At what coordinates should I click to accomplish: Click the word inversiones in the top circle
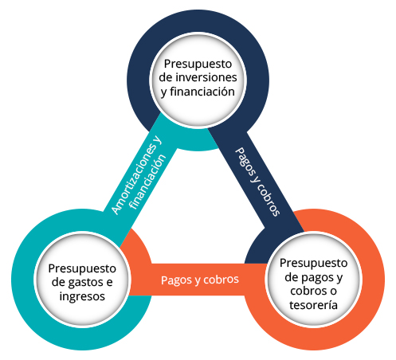tap(206, 77)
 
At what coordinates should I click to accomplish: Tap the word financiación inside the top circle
tap(202, 92)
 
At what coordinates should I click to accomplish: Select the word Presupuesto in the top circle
tap(198, 65)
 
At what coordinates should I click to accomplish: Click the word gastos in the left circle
tap(86, 283)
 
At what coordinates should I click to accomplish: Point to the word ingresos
tap(82, 297)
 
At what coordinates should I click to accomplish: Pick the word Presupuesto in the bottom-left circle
tap(82, 269)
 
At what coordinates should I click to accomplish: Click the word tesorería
tap(313, 305)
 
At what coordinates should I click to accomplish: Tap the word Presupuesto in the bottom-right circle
tap(313, 264)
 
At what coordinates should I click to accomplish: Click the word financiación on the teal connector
tap(147, 182)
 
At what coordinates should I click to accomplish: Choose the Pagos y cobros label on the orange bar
tap(200, 280)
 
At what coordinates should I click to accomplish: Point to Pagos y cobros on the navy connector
tap(257, 182)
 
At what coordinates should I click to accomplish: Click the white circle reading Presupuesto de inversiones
tap(198, 80)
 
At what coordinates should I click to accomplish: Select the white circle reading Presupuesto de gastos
tap(82, 279)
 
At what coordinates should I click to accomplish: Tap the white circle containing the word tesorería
tap(313, 280)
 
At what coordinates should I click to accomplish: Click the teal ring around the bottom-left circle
tap(22, 279)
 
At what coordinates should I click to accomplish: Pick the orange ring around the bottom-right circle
tap(373, 280)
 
